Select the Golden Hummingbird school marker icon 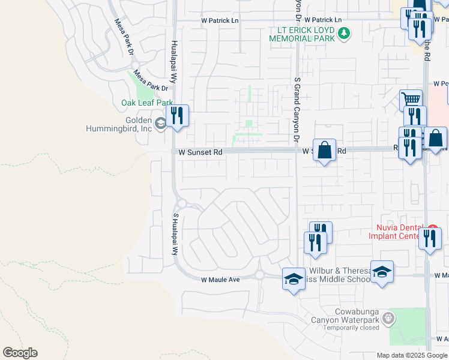tap(160, 124)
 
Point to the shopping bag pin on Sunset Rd tap(324, 151)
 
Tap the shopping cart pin tap(411, 100)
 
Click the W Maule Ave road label tap(220, 280)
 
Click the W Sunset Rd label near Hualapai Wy tap(200, 152)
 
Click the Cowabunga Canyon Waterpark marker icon tap(389, 317)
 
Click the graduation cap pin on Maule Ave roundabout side tap(293, 279)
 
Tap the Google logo tap(20, 353)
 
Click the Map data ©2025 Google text tap(412, 355)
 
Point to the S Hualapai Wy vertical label tap(176, 234)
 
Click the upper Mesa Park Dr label tap(125, 38)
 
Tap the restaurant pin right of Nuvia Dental tap(430, 239)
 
